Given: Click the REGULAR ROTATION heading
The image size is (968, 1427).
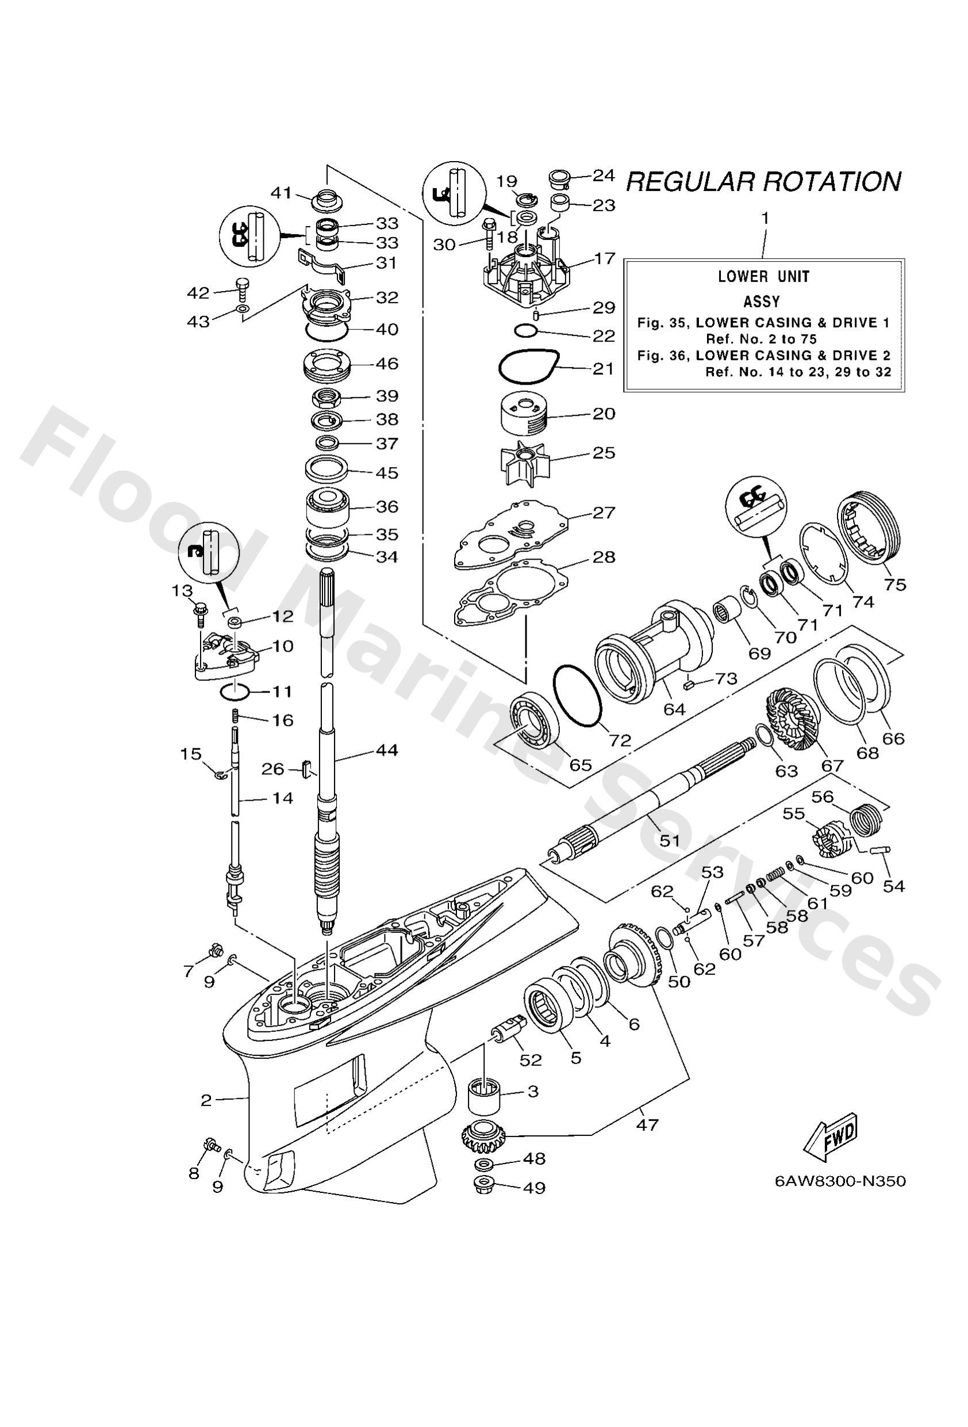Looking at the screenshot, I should [x=763, y=182].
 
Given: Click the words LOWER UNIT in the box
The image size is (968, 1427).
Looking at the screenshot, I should [x=763, y=276].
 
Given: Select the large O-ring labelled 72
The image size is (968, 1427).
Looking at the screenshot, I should [x=577, y=697].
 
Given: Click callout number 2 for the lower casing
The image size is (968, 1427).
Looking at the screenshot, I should [x=206, y=1100].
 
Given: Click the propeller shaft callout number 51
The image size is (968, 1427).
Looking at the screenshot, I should [x=669, y=840].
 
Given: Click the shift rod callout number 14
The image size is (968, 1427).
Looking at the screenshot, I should [x=283, y=798].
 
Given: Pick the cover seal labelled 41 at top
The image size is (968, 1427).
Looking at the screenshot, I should [x=328, y=201].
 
